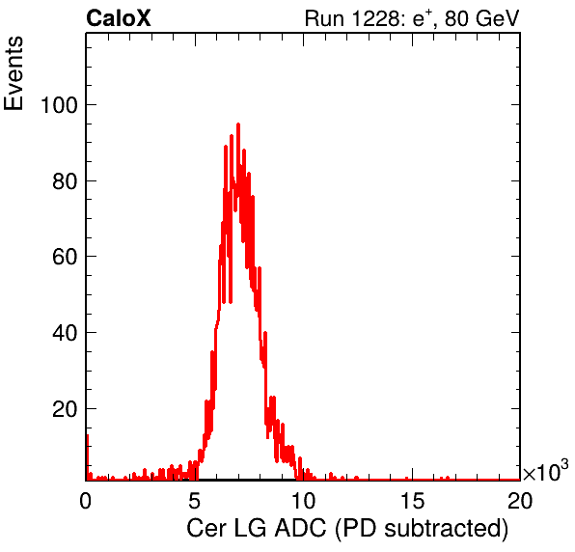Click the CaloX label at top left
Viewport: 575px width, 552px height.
click(x=119, y=18)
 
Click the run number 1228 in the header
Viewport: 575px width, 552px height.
click(x=374, y=18)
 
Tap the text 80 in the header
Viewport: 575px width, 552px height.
click(x=456, y=18)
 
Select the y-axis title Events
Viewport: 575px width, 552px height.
click(x=14, y=73)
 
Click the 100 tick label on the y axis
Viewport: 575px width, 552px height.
click(x=60, y=105)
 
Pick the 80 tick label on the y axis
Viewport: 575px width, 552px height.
click(x=66, y=181)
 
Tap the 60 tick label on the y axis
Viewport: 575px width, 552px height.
click(x=66, y=257)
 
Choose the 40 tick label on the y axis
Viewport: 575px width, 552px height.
click(x=66, y=333)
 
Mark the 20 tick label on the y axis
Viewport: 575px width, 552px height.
click(x=66, y=409)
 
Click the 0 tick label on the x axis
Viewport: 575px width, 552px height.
click(x=86, y=500)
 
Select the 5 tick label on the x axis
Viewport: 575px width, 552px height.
click(x=194, y=500)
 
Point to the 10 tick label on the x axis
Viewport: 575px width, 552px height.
click(x=303, y=500)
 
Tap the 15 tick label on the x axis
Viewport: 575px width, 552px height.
click(x=412, y=500)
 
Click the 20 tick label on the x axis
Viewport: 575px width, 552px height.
click(x=520, y=500)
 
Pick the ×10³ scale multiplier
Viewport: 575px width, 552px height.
click(x=546, y=471)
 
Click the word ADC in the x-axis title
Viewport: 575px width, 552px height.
click(x=300, y=528)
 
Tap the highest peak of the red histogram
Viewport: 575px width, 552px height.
click(x=238, y=125)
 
